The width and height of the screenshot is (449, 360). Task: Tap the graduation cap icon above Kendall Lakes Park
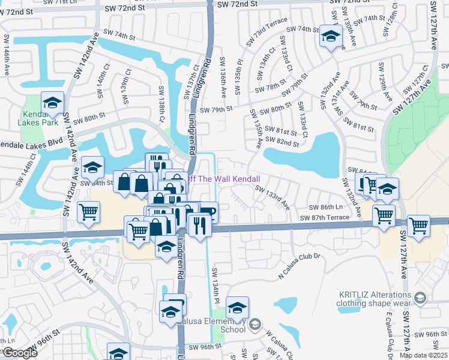point(52,103)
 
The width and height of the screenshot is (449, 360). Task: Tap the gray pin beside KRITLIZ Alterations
point(421,298)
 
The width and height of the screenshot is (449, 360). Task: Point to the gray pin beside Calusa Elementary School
point(256,325)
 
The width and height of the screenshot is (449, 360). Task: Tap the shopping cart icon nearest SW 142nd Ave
point(89,212)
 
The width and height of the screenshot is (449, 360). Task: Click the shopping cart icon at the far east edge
point(418,226)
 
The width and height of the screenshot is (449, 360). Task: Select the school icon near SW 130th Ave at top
point(330,37)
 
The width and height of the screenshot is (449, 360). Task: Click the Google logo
point(20,353)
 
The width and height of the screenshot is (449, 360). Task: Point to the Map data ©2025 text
point(424,355)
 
